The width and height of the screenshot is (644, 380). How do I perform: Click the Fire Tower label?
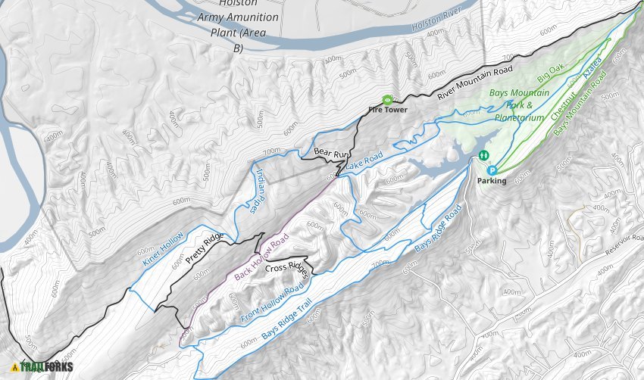388,110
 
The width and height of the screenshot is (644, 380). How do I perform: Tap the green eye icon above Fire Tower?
388,99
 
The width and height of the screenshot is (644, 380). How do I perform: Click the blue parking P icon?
491,170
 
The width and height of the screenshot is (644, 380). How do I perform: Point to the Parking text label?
491,182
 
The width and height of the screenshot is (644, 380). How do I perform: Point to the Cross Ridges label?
285,269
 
